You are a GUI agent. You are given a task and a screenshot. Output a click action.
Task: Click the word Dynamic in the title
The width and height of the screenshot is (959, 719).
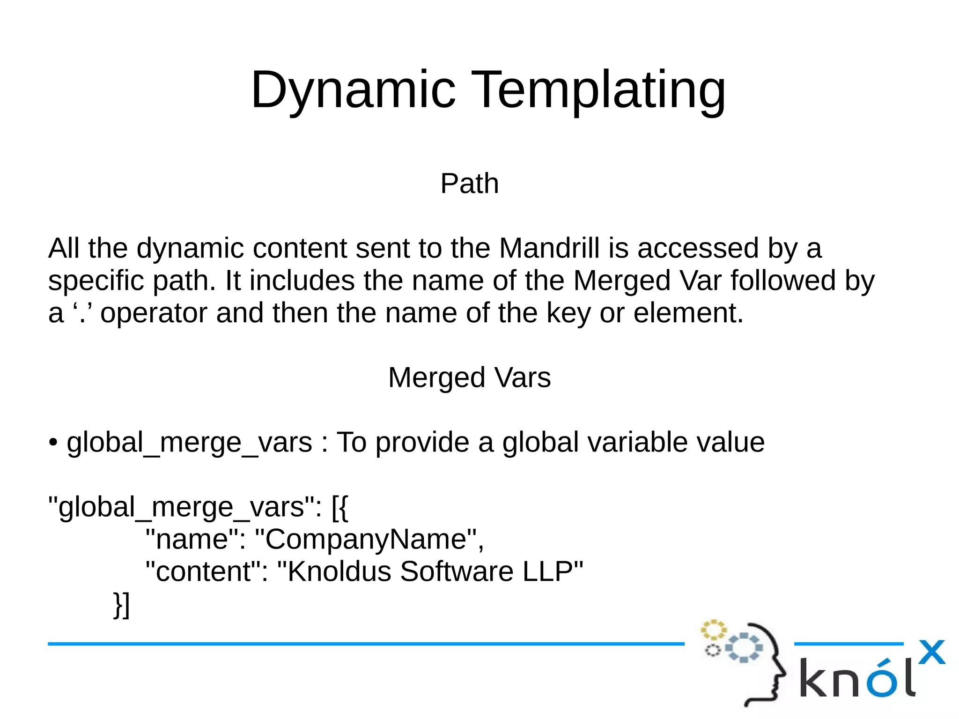(x=353, y=89)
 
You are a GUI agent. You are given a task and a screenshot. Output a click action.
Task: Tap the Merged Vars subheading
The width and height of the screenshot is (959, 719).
(x=469, y=378)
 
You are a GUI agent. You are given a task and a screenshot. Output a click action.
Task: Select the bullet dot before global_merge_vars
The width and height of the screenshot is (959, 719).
(x=53, y=443)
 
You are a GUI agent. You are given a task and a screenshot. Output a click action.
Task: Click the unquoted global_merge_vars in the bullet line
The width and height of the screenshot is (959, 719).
(x=189, y=443)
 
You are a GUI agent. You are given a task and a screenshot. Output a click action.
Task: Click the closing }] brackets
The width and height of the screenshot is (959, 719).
(x=121, y=605)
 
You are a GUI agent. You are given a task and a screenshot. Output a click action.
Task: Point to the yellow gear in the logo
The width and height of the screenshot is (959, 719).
(x=713, y=630)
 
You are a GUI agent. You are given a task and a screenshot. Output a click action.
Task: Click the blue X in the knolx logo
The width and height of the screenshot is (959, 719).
(x=931, y=652)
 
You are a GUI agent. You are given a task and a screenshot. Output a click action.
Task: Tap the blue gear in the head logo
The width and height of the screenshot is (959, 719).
(x=744, y=647)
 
